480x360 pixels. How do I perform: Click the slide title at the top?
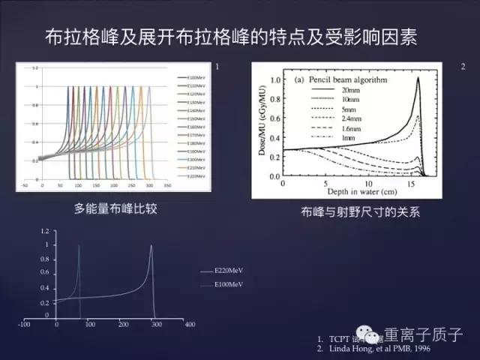239,35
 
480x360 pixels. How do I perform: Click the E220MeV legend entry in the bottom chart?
229,270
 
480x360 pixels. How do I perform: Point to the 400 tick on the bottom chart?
189,325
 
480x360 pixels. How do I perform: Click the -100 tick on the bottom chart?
24,325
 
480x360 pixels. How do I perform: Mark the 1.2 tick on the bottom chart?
46,231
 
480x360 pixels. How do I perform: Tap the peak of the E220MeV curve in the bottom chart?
151,245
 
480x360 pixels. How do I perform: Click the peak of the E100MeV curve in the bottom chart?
79,245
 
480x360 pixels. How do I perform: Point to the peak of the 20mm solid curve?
418,79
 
